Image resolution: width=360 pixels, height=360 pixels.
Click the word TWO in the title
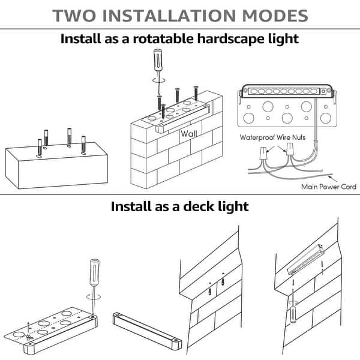73,16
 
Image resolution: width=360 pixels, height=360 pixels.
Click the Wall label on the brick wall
188,134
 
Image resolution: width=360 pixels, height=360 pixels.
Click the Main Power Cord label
329,187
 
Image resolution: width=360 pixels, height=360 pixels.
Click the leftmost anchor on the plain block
40,148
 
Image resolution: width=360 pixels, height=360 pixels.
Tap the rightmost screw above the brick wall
195,94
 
